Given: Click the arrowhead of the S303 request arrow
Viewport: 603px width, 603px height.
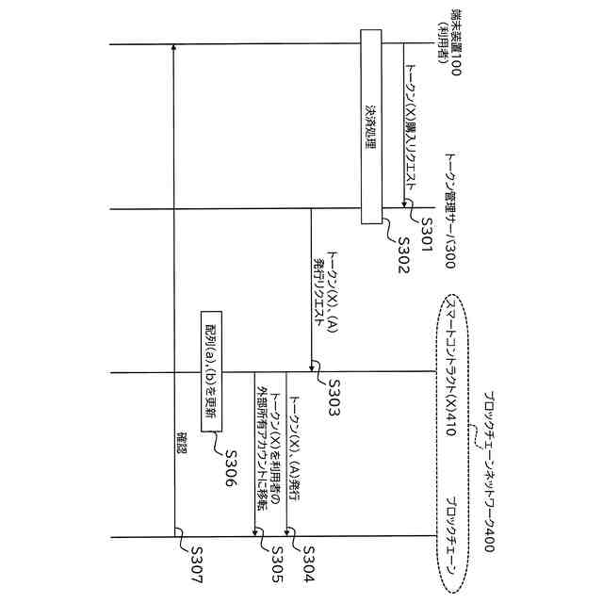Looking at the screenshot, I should pos(311,367).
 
